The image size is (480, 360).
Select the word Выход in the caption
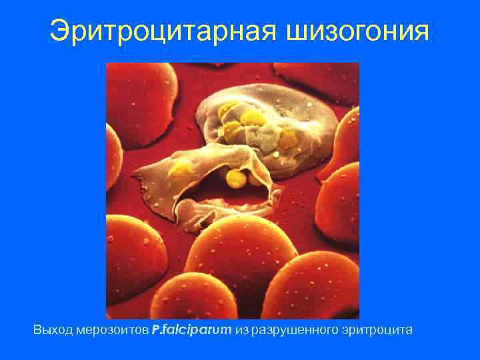(x=51, y=329)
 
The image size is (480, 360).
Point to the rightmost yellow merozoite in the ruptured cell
(x=288, y=139)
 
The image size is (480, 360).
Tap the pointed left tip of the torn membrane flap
(x=135, y=175)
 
